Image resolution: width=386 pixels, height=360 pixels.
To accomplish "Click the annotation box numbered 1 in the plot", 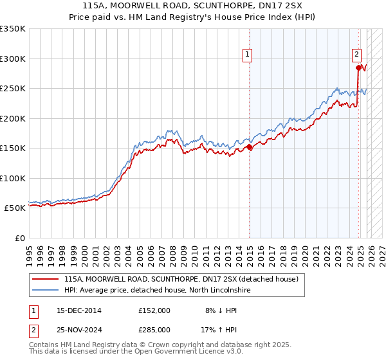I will point(247,55).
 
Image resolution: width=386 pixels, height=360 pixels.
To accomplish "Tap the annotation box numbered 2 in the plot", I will point(356,55).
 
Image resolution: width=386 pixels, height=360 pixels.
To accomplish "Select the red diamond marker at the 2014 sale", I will point(250,147).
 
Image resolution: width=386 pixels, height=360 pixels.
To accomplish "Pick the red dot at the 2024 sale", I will point(358,67).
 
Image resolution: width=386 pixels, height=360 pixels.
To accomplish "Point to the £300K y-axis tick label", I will point(13,59).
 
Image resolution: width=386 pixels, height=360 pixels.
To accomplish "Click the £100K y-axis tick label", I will point(13,178).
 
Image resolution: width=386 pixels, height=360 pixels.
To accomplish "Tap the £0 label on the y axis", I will point(20,238).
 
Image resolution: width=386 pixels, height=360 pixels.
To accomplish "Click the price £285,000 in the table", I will point(154,329).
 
